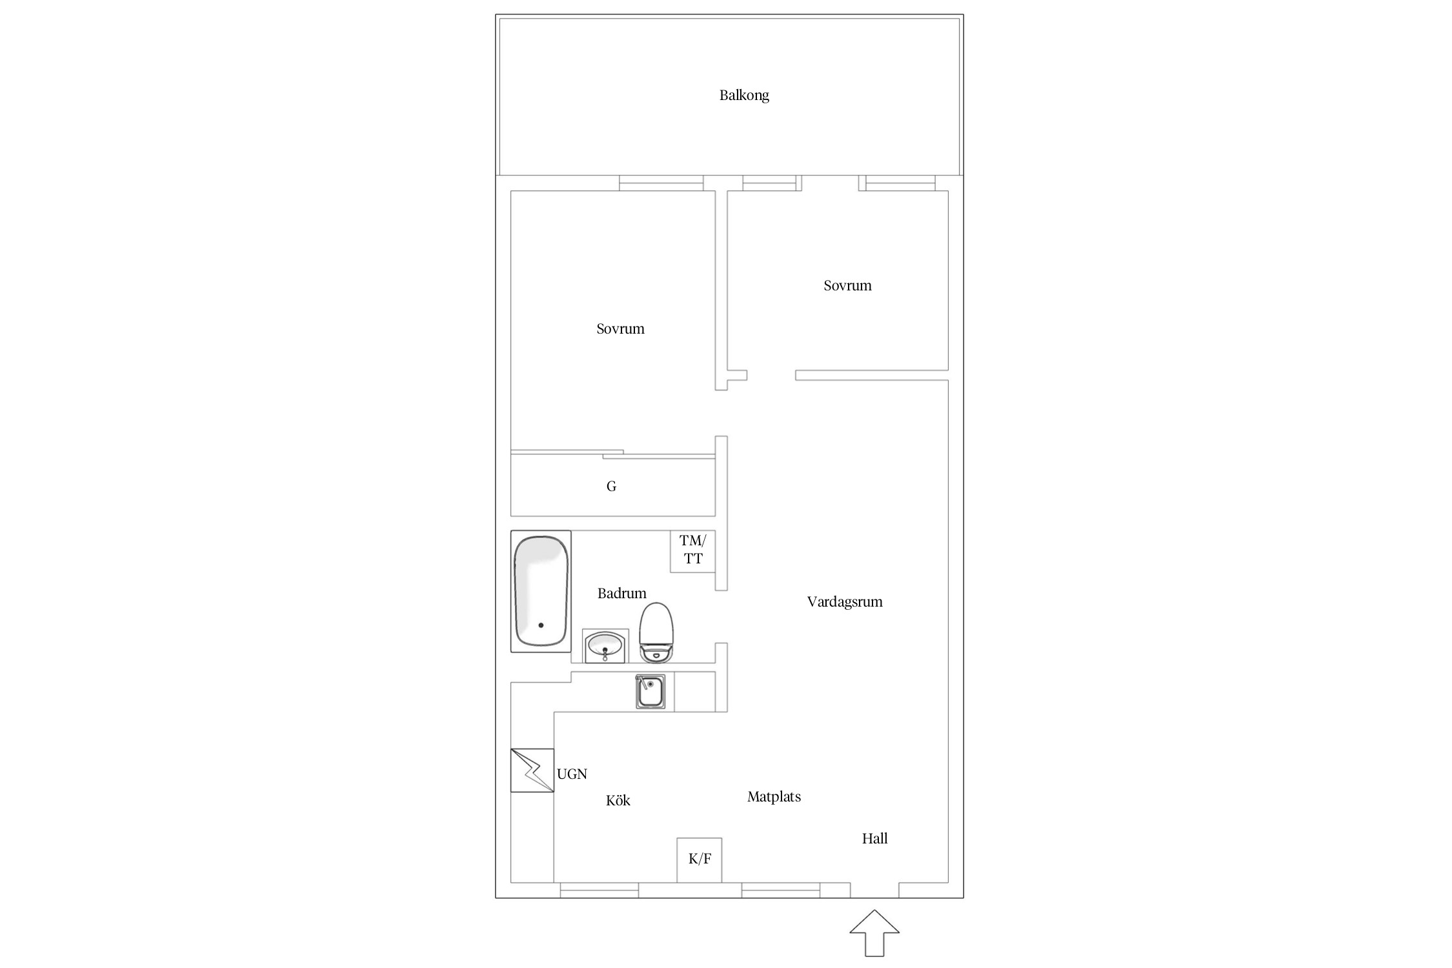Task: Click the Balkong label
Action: coord(744,96)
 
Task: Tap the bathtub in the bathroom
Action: coord(541,591)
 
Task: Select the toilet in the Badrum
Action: coord(656,632)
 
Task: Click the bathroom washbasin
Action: coord(605,646)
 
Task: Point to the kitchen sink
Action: coord(650,691)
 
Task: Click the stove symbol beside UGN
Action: coord(532,770)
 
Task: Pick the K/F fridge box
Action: coord(700,860)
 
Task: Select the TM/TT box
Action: coord(693,551)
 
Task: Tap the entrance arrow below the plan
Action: coord(874,933)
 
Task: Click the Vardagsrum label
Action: coord(845,602)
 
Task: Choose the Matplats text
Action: coord(774,797)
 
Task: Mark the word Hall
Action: coord(875,838)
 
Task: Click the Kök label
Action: coord(618,800)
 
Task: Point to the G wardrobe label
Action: coord(611,487)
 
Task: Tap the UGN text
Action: coord(572,774)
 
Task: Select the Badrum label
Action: coord(621,593)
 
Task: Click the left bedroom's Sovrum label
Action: coord(620,329)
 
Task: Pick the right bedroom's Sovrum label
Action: coord(847,286)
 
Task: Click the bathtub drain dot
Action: coord(541,625)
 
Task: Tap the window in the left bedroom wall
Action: coord(661,183)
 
